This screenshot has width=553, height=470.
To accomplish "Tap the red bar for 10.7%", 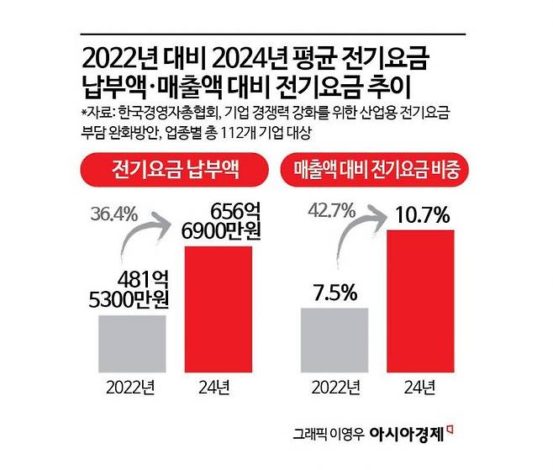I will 419,300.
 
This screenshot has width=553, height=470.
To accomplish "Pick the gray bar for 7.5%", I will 334,340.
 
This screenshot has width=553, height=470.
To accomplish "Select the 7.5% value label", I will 334,293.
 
